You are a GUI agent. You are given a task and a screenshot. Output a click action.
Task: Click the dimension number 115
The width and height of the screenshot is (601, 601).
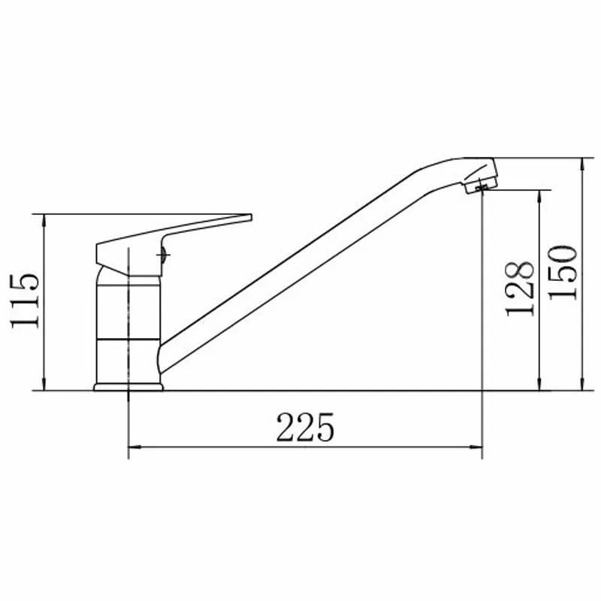[25, 301]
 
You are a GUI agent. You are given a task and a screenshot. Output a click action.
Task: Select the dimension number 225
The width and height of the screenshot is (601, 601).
[305, 427]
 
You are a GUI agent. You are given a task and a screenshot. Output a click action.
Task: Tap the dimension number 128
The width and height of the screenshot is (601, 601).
[519, 289]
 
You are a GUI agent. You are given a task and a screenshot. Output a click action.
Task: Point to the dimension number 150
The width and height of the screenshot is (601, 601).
[562, 273]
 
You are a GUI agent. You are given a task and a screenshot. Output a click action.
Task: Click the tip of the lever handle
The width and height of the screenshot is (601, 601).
[251, 217]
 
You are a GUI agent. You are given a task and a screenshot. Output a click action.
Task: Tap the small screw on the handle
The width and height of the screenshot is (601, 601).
[162, 255]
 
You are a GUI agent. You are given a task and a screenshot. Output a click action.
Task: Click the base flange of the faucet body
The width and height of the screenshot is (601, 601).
[128, 387]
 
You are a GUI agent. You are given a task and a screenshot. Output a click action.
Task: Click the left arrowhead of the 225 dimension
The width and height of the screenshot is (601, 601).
[134, 447]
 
